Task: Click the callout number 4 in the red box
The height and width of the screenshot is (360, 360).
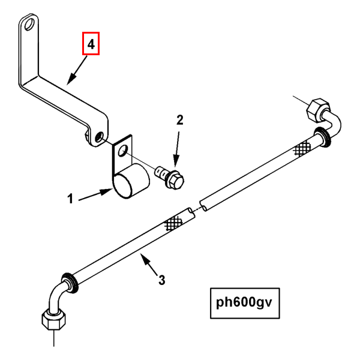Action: point(91,44)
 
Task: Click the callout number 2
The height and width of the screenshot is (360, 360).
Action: point(179,120)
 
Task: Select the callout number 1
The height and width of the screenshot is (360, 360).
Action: point(70,199)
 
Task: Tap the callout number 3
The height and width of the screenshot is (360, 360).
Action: point(161,279)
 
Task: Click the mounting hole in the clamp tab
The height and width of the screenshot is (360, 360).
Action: point(122,149)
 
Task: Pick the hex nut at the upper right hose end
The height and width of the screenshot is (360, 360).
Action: point(315,111)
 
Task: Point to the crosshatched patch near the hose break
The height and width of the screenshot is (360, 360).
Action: point(173,223)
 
